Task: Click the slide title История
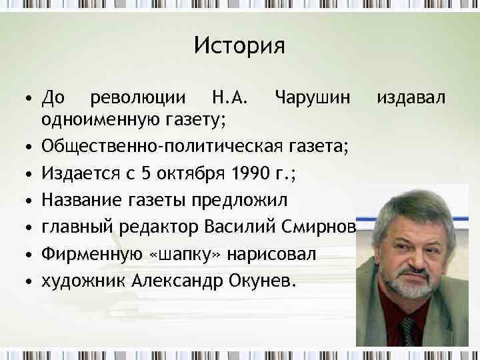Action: tap(239, 46)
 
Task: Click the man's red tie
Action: tap(408, 329)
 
